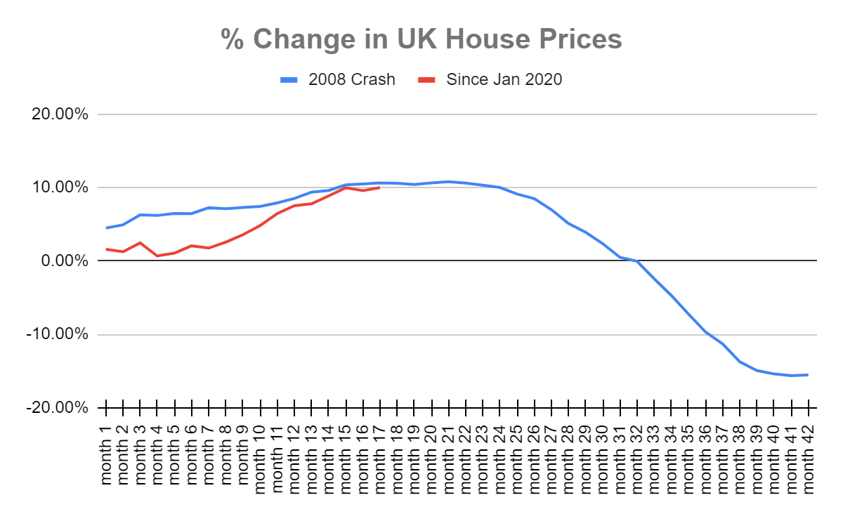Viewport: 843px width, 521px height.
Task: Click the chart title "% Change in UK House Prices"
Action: tap(421, 40)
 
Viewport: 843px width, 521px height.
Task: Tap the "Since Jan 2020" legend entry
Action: tap(504, 79)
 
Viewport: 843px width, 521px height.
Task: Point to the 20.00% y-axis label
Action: tap(59, 114)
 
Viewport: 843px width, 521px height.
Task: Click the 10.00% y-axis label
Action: tap(59, 187)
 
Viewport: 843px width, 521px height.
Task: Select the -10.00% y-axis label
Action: tap(57, 334)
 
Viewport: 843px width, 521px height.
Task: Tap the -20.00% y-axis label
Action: tap(57, 408)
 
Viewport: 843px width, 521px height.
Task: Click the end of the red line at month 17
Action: tap(380, 187)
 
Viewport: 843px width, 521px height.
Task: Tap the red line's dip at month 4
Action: tap(157, 256)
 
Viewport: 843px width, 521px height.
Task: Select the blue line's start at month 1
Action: tap(106, 227)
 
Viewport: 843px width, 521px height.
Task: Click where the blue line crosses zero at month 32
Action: tap(637, 261)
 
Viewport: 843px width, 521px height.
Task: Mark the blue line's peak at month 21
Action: tap(449, 182)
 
